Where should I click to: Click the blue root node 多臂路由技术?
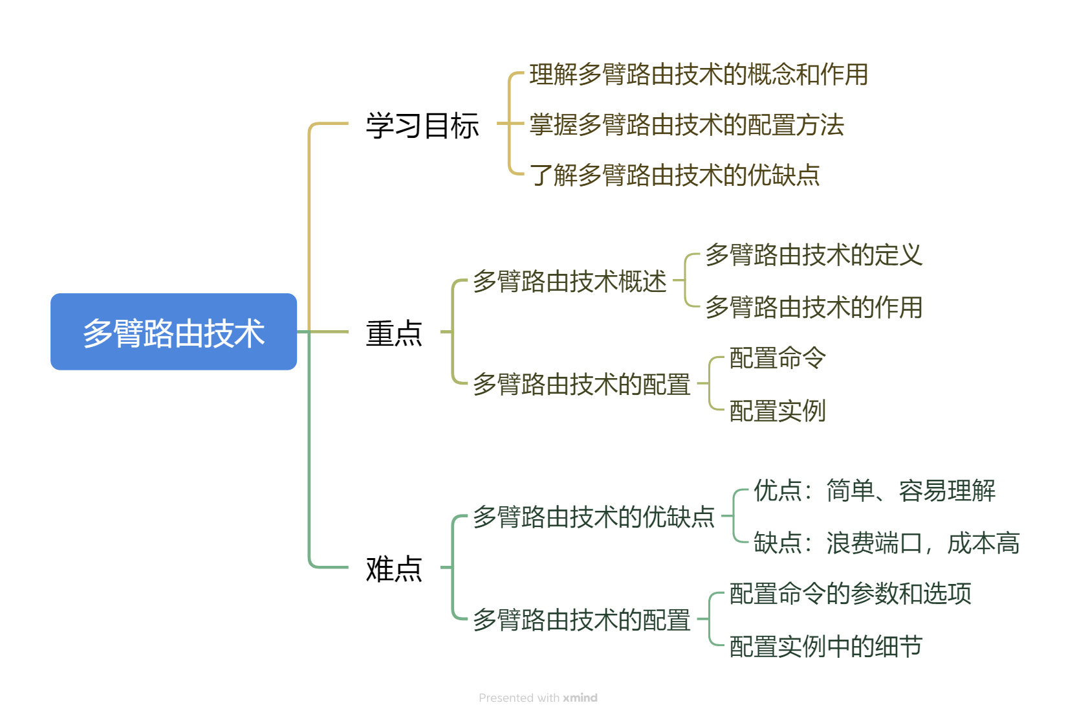click(x=173, y=331)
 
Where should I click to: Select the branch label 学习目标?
click(x=422, y=125)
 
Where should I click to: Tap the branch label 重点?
click(x=393, y=333)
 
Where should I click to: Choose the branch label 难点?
click(x=393, y=568)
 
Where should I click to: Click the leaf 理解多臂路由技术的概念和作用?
click(x=698, y=74)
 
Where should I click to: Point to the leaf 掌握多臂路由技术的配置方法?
click(x=686, y=125)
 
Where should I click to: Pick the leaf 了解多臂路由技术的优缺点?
click(x=674, y=175)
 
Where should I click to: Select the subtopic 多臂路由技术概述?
click(x=569, y=282)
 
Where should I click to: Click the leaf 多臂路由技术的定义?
click(x=813, y=255)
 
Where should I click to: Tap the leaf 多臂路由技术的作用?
click(x=813, y=307)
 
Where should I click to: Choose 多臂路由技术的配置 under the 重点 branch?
click(x=581, y=385)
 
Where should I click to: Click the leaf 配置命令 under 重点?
click(x=777, y=358)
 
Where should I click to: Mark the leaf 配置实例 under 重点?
click(x=777, y=410)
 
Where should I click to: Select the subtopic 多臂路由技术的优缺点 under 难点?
click(x=593, y=517)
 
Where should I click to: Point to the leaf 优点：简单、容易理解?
click(x=874, y=491)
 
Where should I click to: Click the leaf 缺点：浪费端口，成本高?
click(x=886, y=543)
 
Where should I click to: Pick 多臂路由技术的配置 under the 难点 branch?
click(x=581, y=620)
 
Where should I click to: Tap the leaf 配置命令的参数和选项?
click(x=850, y=594)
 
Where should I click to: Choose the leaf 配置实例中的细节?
click(x=825, y=646)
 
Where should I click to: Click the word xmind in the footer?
click(x=580, y=698)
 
